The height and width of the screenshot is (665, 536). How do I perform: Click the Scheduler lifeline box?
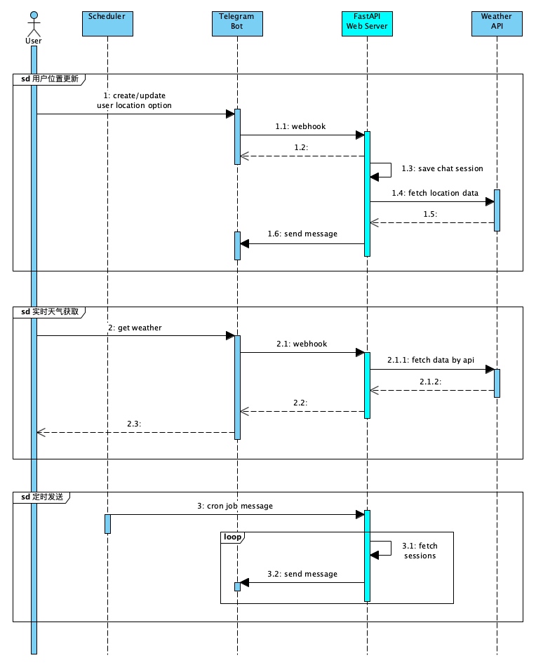(107, 23)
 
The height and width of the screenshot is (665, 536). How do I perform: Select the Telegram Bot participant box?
(237, 23)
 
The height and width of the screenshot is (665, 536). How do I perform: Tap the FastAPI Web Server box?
(367, 23)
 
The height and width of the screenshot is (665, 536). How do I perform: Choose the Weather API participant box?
(497, 23)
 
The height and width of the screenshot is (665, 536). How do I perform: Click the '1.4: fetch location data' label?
(435, 193)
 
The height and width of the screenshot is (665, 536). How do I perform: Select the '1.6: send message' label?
(302, 234)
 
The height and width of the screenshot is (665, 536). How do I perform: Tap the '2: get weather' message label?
(135, 327)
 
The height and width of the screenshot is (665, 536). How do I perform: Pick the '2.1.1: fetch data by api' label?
(431, 360)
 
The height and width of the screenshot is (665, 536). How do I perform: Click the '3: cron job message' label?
(234, 506)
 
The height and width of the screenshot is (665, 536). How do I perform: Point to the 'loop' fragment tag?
(232, 537)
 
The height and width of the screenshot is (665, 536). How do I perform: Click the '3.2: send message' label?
(302, 574)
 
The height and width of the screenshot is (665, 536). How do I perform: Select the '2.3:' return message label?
(134, 424)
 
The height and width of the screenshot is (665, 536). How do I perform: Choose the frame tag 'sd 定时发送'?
(42, 497)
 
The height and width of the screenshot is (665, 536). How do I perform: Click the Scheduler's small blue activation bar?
(107, 523)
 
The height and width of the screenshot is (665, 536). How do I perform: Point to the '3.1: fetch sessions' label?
(420, 550)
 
